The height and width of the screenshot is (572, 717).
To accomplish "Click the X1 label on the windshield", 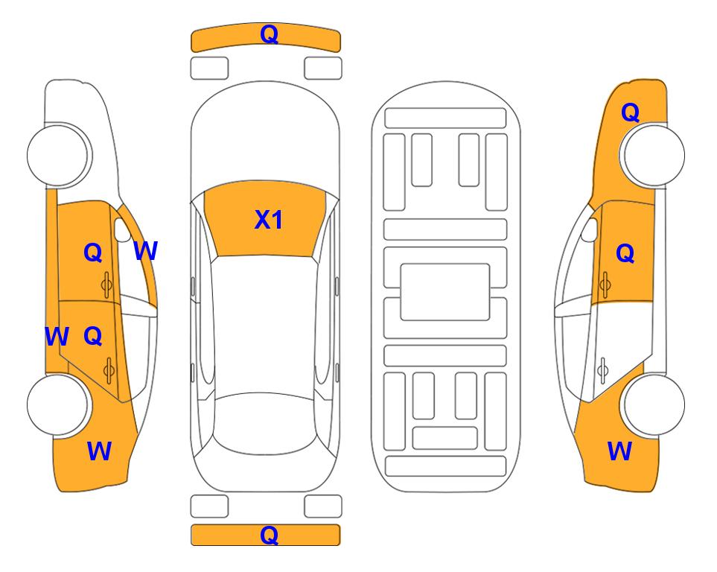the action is tap(269, 220).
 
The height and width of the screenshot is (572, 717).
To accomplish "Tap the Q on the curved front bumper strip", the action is tap(270, 34).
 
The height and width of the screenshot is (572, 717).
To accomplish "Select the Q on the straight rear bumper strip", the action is tap(270, 535).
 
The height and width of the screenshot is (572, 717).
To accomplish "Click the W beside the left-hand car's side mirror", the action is tap(146, 251).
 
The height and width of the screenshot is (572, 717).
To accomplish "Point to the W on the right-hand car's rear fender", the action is tap(619, 451).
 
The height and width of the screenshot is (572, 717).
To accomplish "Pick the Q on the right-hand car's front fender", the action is tap(630, 112).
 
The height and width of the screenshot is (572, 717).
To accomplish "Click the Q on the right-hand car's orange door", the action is tap(625, 253).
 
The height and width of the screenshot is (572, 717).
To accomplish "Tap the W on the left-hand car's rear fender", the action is tap(99, 451).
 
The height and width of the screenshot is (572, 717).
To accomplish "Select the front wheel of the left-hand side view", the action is tap(58, 155).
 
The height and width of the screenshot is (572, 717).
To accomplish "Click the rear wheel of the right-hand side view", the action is tap(653, 404).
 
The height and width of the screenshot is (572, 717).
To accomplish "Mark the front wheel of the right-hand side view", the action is tap(653, 155).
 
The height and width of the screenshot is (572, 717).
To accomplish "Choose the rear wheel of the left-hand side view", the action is tap(58, 404).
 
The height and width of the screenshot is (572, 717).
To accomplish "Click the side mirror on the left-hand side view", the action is tap(122, 229).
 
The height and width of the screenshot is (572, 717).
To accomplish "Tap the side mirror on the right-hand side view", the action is tap(590, 229).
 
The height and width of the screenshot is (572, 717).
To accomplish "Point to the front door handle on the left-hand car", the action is tap(107, 285).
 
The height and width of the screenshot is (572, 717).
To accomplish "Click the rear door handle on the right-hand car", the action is tap(603, 371).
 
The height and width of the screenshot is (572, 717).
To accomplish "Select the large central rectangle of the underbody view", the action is tap(445, 292).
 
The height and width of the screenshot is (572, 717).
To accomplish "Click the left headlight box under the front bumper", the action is tap(209, 69).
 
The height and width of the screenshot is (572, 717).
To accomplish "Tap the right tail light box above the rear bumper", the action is tap(323, 506).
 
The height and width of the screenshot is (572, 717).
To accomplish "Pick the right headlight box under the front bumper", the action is tap(323, 69).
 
